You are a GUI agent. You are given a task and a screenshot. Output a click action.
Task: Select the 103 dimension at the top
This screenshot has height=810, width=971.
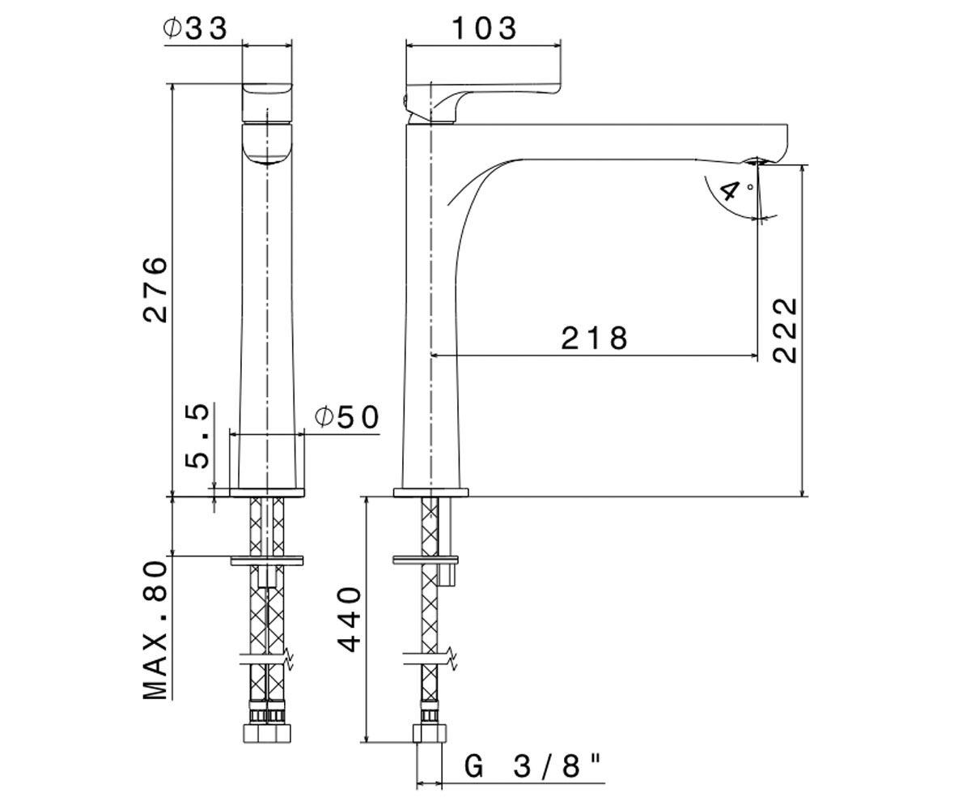tap(484, 28)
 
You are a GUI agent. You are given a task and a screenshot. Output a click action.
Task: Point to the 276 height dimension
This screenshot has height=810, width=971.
tap(155, 288)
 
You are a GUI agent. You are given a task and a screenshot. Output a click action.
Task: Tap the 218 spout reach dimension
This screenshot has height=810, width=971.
tap(594, 338)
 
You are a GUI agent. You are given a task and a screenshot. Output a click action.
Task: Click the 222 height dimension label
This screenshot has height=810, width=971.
tap(785, 330)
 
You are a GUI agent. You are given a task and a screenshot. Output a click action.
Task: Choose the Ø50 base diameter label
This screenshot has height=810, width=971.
tap(347, 417)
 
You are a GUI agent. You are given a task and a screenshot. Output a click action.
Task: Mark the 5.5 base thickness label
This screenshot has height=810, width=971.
tap(197, 437)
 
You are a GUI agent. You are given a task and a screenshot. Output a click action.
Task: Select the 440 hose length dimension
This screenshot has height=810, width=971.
tap(349, 620)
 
